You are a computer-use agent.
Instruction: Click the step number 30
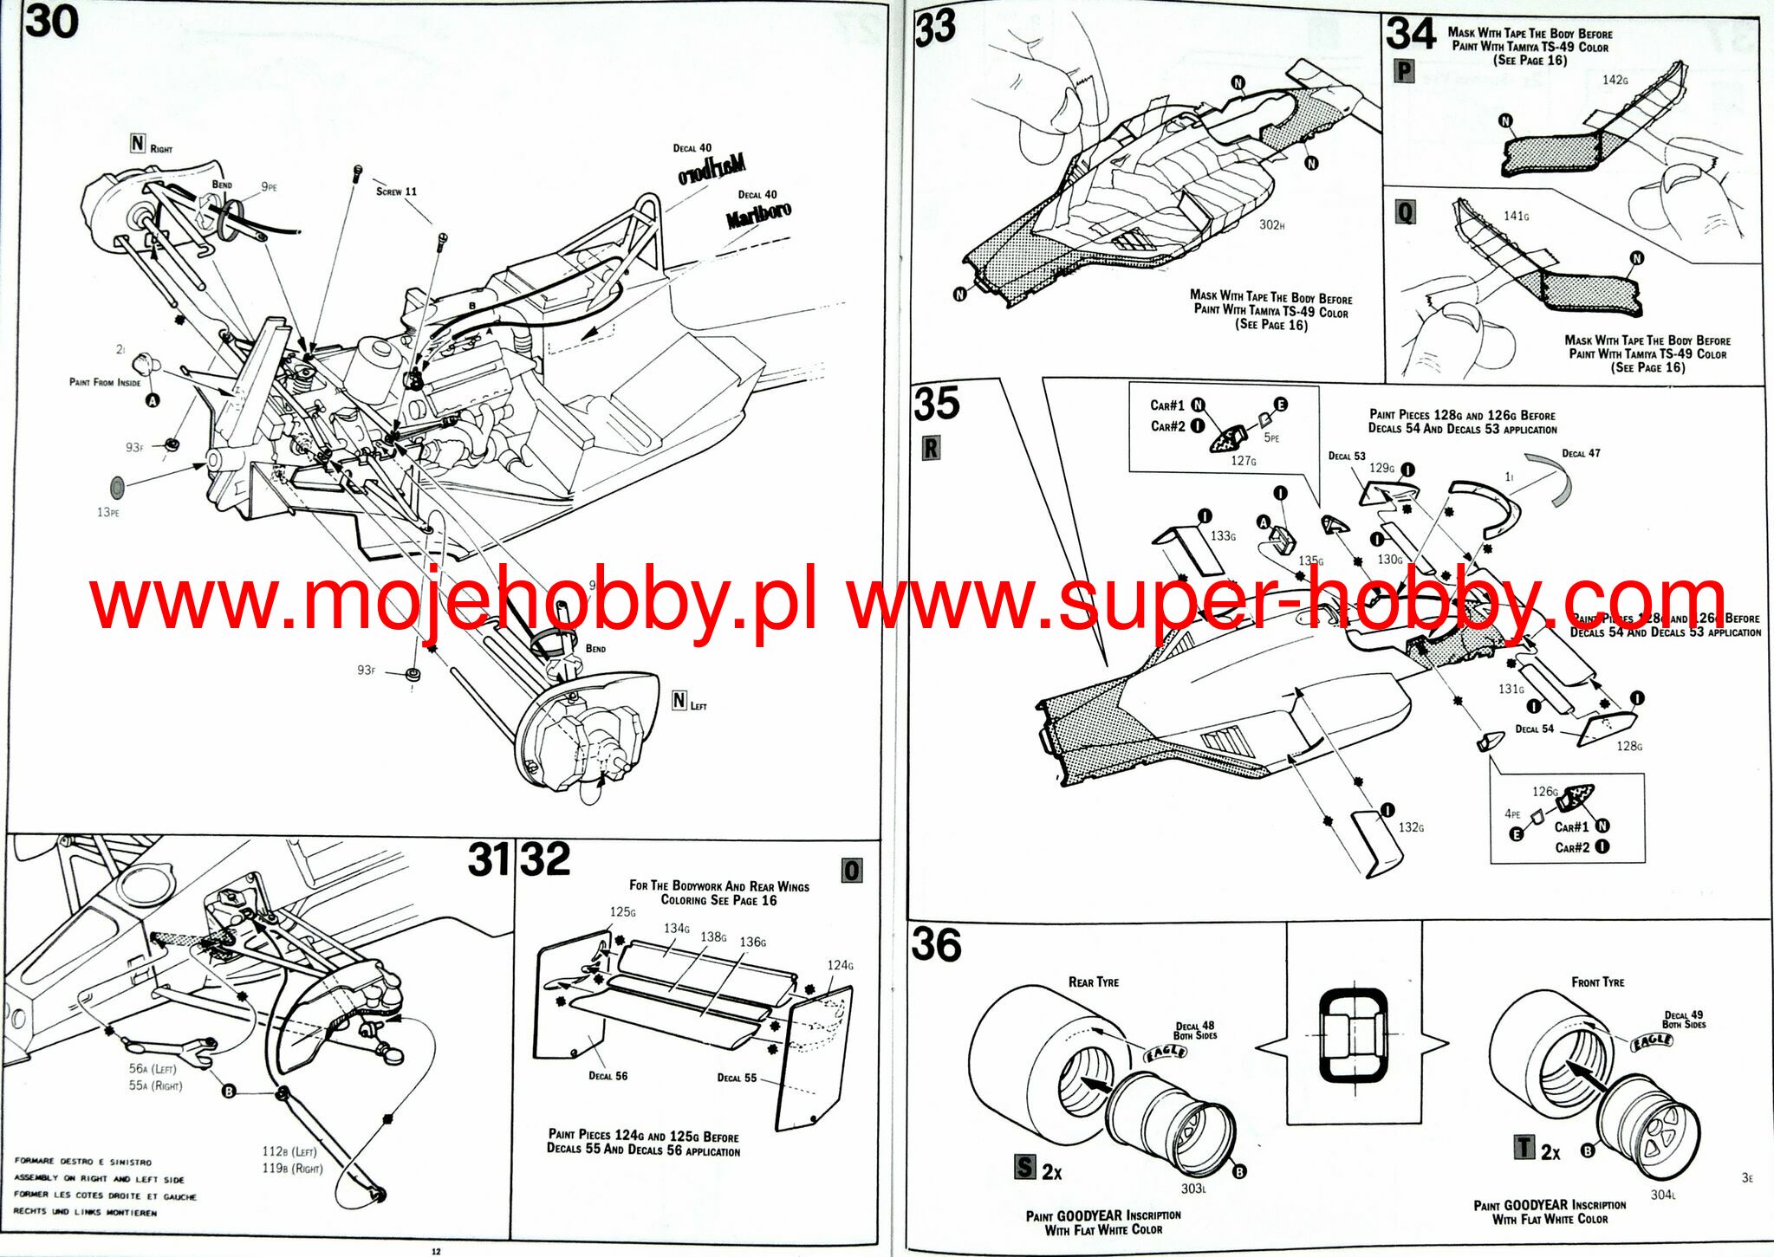pos(52,23)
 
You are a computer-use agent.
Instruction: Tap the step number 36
pos(936,945)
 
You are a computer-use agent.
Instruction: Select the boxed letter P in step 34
pos(1404,71)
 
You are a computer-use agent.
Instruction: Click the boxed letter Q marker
pos(1405,212)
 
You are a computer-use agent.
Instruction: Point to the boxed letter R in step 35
pos(931,449)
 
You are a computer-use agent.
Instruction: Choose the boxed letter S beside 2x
pos(1024,1167)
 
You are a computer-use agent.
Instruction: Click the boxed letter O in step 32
pos(852,871)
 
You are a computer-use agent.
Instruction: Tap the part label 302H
pos(1271,225)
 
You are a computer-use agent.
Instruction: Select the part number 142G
pos(1615,80)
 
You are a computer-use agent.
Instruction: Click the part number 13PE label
pos(108,513)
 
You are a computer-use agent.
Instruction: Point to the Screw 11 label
pos(396,191)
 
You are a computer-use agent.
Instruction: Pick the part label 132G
pos(1411,827)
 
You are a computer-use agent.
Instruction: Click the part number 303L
pos(1193,1189)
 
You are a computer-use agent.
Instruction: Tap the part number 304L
pos(1662,1195)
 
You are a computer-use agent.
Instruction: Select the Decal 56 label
pos(608,1076)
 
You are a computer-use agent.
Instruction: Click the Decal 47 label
pos(1581,453)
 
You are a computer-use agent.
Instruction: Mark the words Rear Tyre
pos(1093,982)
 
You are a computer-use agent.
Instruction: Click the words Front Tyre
pos(1597,982)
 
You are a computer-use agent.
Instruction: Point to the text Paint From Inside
pos(105,382)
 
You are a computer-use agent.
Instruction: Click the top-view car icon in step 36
pos(1352,1035)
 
